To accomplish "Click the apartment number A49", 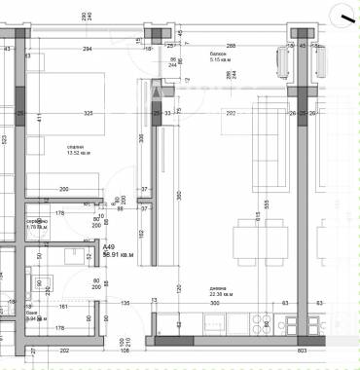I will pos(110,247).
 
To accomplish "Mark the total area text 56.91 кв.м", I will pos(118,255).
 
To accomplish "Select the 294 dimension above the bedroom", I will pos(87,48).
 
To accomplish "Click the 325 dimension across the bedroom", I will pos(89,114).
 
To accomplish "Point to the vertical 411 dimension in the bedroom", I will pos(38,118).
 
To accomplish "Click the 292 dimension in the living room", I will pos(232,114).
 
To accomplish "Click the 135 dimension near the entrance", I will pos(126,305).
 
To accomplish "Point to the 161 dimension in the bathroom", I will pos(64,306).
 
